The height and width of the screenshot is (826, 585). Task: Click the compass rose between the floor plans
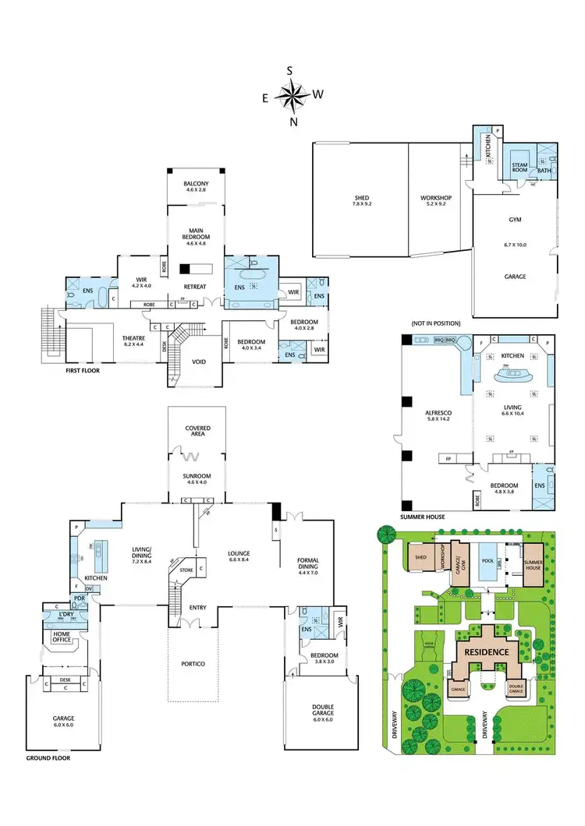point(293,97)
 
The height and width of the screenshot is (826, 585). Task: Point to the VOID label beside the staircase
point(199,361)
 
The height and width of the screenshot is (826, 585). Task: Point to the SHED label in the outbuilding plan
point(360,199)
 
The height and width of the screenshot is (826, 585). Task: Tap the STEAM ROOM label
point(520,168)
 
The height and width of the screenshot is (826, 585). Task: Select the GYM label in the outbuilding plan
point(515,220)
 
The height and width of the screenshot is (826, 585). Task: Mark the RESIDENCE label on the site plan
point(487,651)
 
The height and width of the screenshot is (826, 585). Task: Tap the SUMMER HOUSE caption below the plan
point(424,517)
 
